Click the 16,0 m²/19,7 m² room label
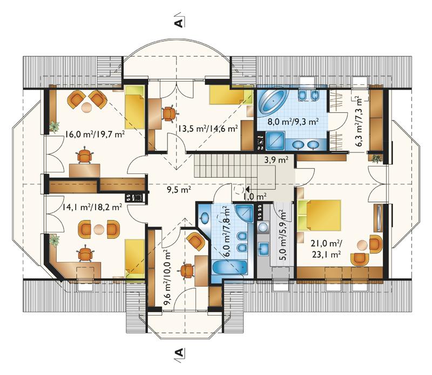point(95,135)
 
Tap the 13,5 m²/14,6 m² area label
point(208,128)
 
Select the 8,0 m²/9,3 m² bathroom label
point(293,122)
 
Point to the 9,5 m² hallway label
point(179,190)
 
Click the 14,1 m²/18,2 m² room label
point(92,206)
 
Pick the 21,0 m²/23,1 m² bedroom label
point(327,249)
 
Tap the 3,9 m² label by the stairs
point(276,160)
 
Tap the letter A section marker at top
point(179,23)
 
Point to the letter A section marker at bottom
point(179,352)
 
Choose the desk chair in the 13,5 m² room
point(169,113)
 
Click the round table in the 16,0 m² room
point(87,107)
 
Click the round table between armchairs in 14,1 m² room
point(98,229)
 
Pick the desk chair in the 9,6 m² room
point(187,271)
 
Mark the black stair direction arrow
point(247,189)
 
